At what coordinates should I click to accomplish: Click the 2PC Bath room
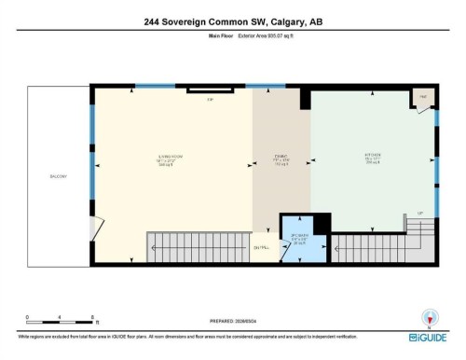(x=298, y=241)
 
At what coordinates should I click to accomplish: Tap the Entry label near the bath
(x=262, y=247)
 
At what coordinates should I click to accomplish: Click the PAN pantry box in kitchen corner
(x=422, y=98)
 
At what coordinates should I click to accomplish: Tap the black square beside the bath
(x=322, y=223)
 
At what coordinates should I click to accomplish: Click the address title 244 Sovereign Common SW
(x=232, y=21)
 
